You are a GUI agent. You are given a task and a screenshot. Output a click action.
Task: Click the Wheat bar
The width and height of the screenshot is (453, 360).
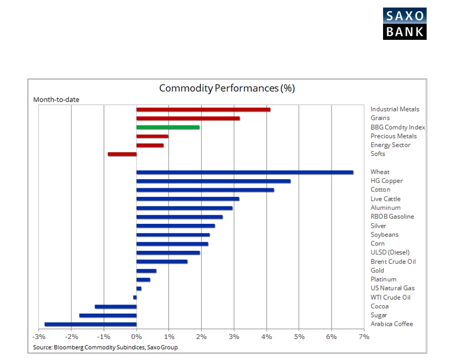[x=245, y=173]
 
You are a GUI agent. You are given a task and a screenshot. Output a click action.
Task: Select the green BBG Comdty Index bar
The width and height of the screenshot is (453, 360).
[x=168, y=128]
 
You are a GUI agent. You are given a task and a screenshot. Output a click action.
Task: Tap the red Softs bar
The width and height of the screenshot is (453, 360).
[x=122, y=154]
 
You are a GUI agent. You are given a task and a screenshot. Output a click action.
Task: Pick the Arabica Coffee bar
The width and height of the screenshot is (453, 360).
[x=90, y=324]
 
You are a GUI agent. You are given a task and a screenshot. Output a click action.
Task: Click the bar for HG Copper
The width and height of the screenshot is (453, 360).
[x=214, y=181]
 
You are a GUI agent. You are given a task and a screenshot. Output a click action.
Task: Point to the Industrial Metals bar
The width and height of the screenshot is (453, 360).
[x=203, y=109]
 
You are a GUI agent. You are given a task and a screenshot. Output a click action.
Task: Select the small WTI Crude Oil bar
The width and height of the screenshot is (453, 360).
[x=135, y=297]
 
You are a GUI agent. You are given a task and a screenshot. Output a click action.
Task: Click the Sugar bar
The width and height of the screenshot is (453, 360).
[x=108, y=315]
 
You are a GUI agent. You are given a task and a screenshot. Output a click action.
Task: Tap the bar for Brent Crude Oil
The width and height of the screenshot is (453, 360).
[x=162, y=262]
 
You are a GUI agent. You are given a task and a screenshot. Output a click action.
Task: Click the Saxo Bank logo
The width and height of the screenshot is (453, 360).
[x=405, y=24]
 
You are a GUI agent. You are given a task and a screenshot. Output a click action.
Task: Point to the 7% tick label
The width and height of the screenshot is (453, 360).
[x=364, y=337]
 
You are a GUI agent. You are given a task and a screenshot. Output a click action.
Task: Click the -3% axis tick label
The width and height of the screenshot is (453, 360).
[x=39, y=337]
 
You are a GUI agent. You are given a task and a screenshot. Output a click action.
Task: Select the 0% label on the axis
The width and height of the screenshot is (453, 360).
[x=136, y=337]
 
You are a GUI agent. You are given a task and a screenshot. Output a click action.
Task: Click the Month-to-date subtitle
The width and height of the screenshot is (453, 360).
[x=56, y=100]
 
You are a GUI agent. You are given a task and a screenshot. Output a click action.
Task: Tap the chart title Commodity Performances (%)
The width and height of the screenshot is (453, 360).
[x=227, y=88]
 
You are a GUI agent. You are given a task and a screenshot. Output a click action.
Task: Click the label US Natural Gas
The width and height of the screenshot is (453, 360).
[x=392, y=288]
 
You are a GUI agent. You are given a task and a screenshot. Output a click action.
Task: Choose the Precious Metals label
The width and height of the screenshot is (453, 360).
[x=393, y=136]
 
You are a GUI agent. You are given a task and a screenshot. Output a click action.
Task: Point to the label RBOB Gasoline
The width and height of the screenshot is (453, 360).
[x=392, y=216]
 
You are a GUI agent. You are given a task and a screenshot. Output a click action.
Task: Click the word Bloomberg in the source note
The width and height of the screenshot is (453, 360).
[x=68, y=347]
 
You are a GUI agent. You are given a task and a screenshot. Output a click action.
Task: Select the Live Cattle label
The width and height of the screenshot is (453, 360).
[x=385, y=199]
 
